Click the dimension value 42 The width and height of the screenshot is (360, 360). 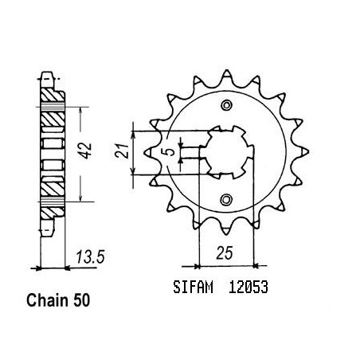(86, 151)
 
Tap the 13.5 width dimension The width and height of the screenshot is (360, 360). (91, 257)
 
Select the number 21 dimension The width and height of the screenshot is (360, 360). (122, 151)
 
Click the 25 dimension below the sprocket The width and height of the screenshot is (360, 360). (225, 253)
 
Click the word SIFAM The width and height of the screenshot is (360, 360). (193, 287)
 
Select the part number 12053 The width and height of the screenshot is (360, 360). (248, 287)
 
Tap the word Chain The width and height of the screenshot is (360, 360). (47, 300)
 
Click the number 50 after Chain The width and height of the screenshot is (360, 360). (81, 301)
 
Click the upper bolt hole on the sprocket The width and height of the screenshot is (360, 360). (226, 105)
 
